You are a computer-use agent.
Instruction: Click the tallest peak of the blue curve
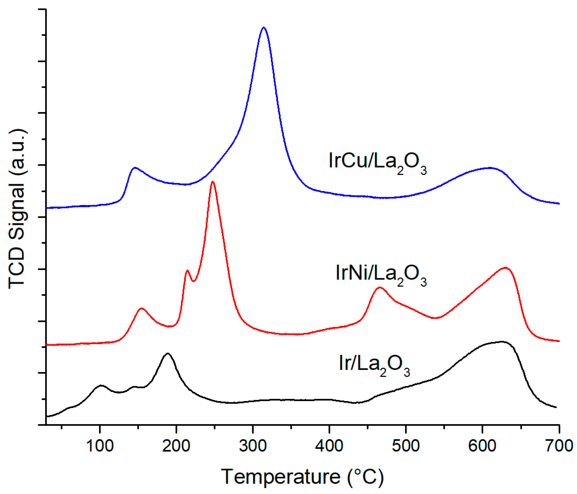point(263,28)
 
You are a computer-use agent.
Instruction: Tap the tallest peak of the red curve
point(213,182)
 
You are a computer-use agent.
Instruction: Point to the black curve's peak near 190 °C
point(167,354)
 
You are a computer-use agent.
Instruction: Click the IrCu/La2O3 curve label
point(377,163)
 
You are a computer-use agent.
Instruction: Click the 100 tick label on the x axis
point(100,446)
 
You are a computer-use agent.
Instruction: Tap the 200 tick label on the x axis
point(176,446)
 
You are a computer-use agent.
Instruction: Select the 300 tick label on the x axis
point(252,446)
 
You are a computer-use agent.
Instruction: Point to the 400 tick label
point(329,446)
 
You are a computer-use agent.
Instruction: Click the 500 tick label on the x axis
point(405,446)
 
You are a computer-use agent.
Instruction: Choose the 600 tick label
point(482,446)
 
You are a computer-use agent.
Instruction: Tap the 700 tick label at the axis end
point(559,446)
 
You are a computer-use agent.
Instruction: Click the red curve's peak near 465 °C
point(379,288)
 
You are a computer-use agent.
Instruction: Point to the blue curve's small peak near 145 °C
point(135,168)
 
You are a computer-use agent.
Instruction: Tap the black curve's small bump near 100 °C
point(101,386)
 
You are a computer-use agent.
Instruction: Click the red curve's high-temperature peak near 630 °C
point(505,268)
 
